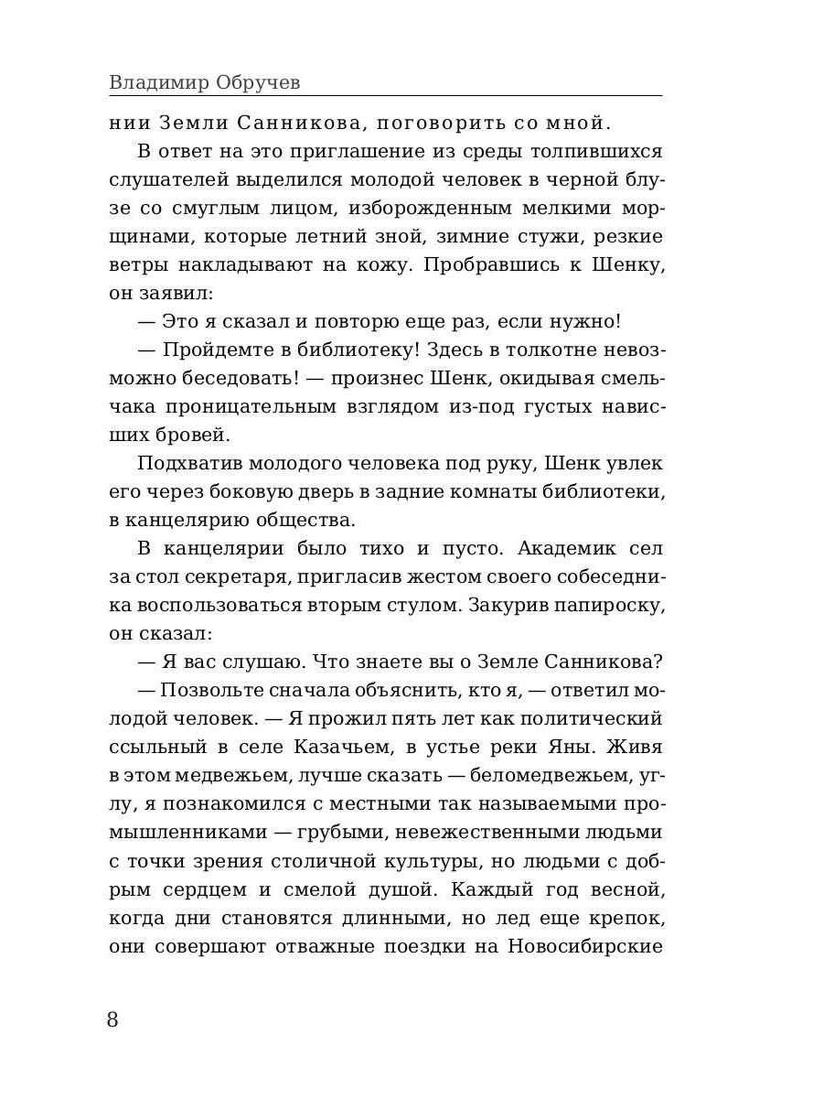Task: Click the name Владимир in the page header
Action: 158,82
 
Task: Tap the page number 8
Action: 113,1020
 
